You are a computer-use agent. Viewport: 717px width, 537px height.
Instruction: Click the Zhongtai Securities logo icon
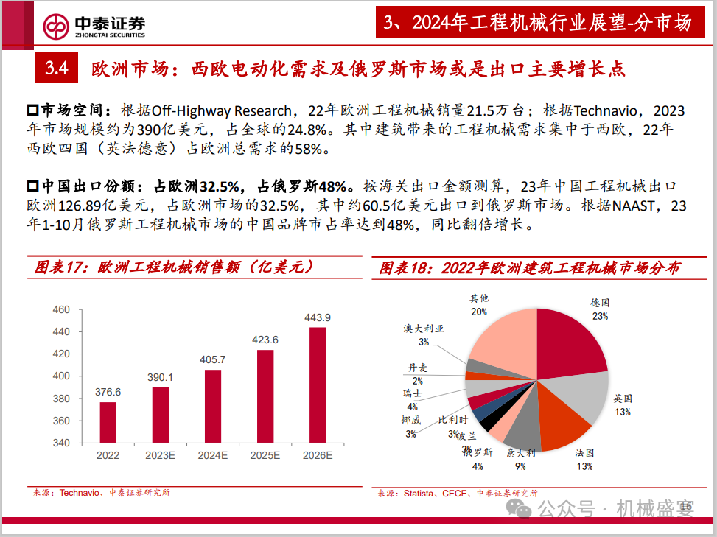pos(56,26)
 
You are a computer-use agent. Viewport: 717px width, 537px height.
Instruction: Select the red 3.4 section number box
pos(56,69)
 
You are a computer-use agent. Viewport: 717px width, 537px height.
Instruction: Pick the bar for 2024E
pos(212,406)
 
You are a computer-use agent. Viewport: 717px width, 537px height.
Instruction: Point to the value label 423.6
pos(265,340)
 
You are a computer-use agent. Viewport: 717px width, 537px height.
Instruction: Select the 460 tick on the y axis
pos(61,309)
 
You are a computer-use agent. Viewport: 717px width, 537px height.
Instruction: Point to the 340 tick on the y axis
pos(61,443)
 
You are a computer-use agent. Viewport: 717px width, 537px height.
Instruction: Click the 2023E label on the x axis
pos(160,456)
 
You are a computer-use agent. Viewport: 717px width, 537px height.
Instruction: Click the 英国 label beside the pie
pos(623,398)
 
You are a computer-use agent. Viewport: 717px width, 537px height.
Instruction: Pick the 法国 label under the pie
pos(584,454)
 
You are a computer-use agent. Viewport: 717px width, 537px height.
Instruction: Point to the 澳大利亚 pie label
pos(424,329)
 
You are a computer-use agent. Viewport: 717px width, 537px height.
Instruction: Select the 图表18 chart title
pos(530,267)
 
